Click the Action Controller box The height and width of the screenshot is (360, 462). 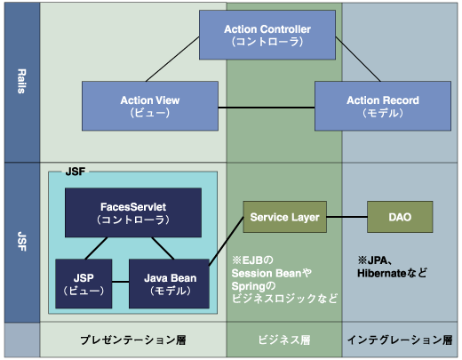pyautogui.click(x=267, y=35)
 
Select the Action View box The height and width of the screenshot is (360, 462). pyautogui.click(x=150, y=106)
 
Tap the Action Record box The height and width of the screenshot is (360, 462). pyautogui.click(x=383, y=106)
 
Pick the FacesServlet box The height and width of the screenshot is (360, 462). pyautogui.click(x=133, y=212)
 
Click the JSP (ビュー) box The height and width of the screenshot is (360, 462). pyautogui.click(x=84, y=284)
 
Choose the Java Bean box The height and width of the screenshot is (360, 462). pyautogui.click(x=169, y=284)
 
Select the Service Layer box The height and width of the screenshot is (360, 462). pyautogui.click(x=285, y=217)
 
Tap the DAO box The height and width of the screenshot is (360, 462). pyautogui.click(x=400, y=217)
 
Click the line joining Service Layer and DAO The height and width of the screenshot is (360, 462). pyautogui.click(x=346, y=217)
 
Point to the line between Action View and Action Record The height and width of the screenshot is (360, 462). pyautogui.click(x=267, y=108)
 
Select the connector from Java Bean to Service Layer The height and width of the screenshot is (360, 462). pyautogui.click(x=227, y=241)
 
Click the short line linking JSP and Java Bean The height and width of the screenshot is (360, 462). pyautogui.click(x=121, y=282)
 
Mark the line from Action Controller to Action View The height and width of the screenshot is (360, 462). pyautogui.click(x=172, y=59)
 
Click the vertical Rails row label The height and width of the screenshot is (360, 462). pyautogui.click(x=21, y=81)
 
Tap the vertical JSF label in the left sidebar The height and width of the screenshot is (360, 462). pyautogui.click(x=21, y=242)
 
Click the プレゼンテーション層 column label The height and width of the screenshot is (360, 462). pyautogui.click(x=133, y=340)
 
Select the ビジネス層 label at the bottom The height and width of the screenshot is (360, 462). pyautogui.click(x=284, y=340)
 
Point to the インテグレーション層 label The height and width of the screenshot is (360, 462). pyautogui.click(x=400, y=340)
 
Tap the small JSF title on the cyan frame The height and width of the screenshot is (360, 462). pyautogui.click(x=76, y=172)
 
